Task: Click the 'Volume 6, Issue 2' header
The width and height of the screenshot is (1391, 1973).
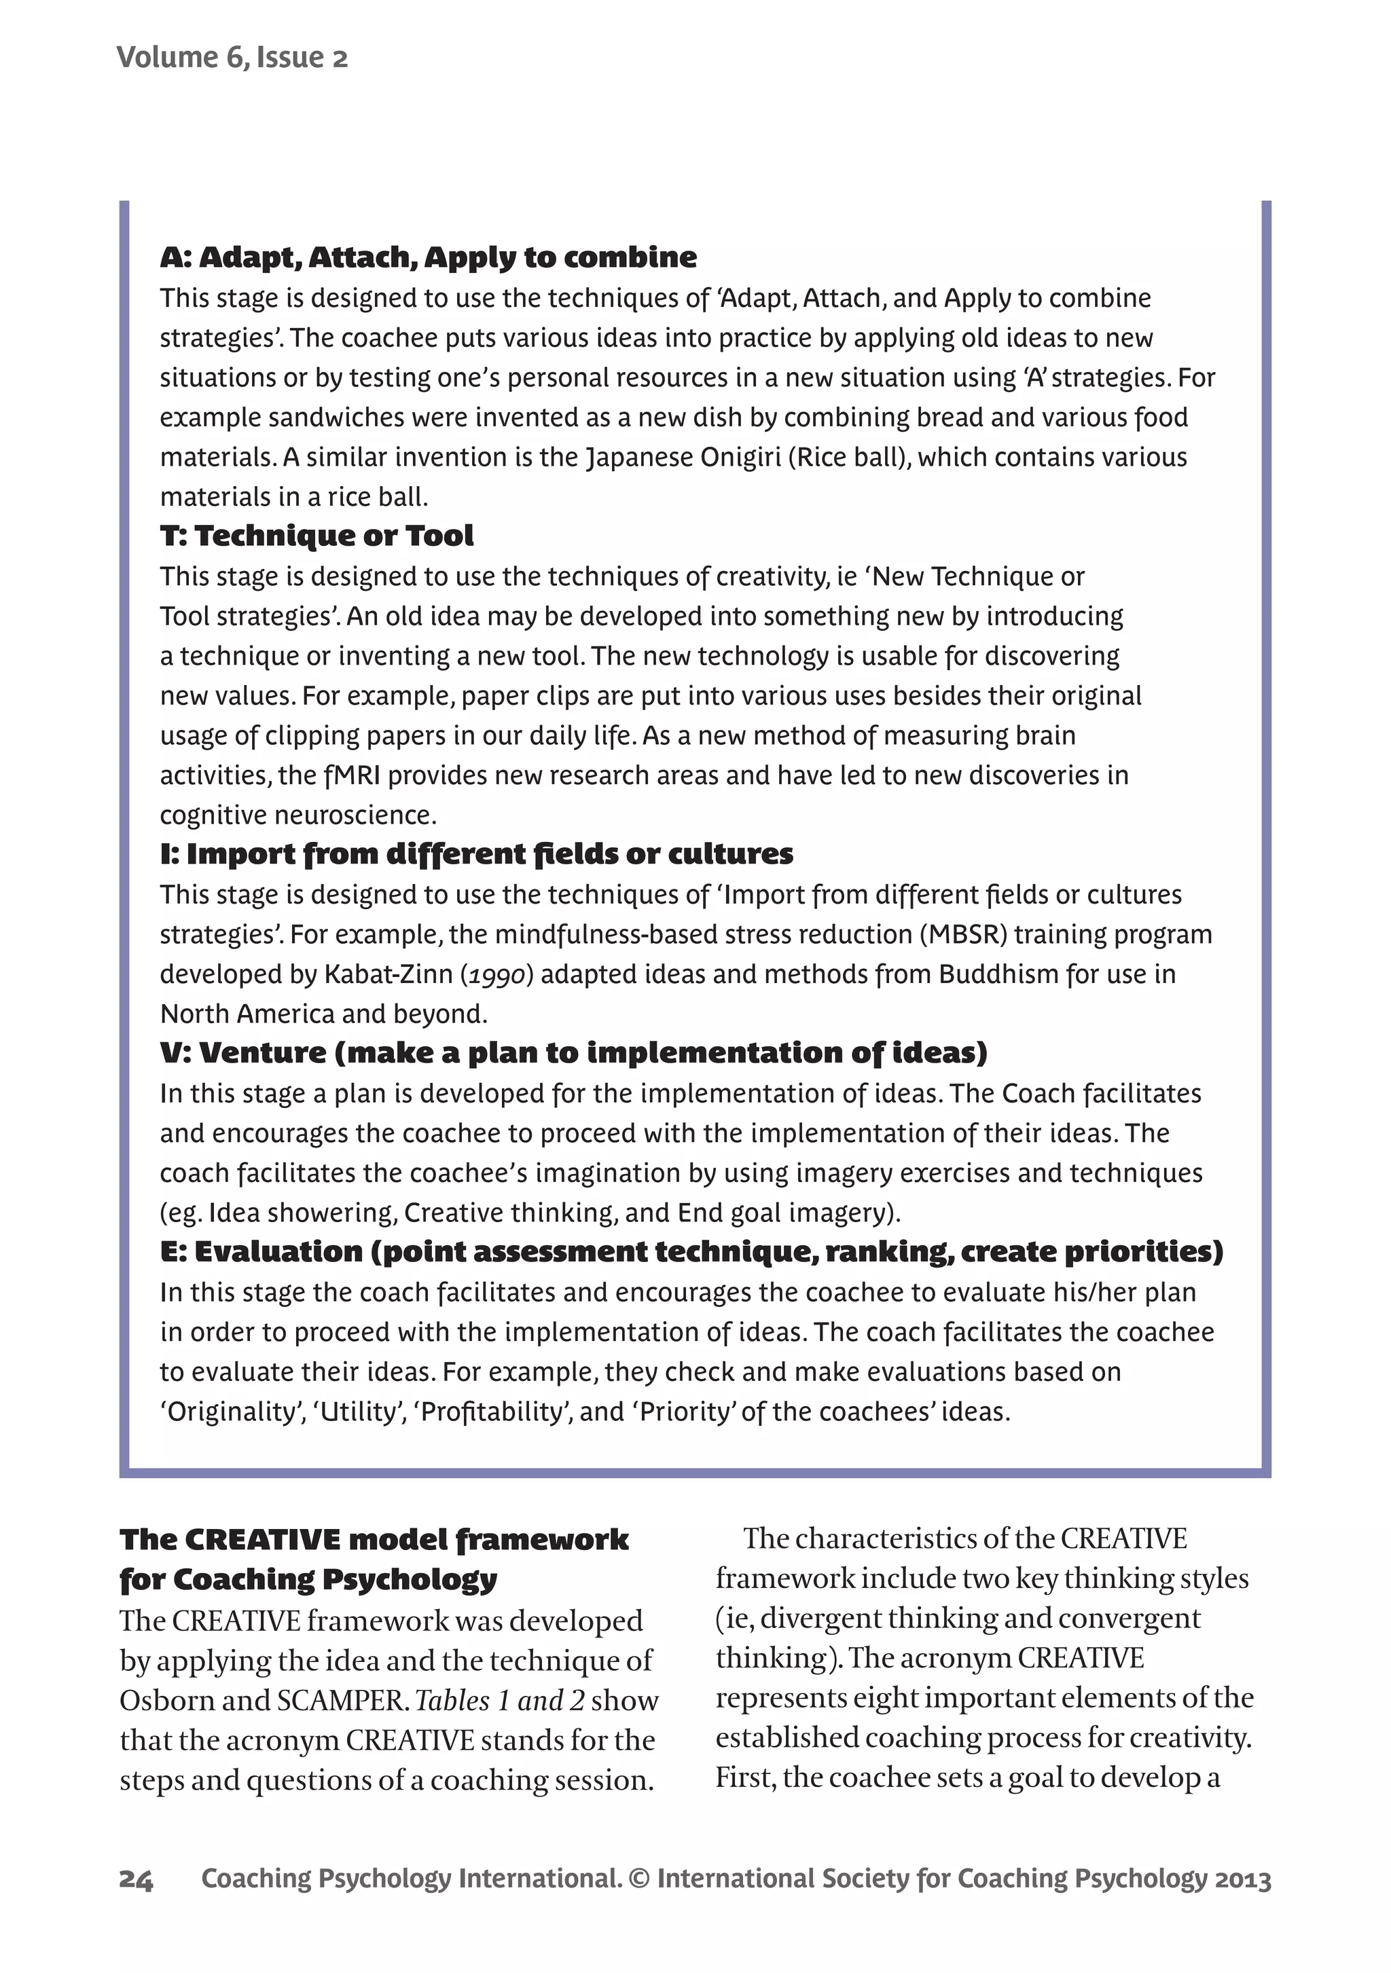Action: [x=232, y=58]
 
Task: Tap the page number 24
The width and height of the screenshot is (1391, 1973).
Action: [x=136, y=1880]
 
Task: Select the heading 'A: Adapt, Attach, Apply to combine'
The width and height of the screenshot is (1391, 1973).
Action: [x=428, y=257]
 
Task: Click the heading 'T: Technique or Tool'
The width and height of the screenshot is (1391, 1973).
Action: [x=317, y=536]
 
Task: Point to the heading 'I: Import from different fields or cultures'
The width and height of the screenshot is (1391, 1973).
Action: [x=476, y=853]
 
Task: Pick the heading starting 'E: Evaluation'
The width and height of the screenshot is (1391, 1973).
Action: [x=691, y=1251]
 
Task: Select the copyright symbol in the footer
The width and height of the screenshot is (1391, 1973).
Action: [x=638, y=1880]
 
